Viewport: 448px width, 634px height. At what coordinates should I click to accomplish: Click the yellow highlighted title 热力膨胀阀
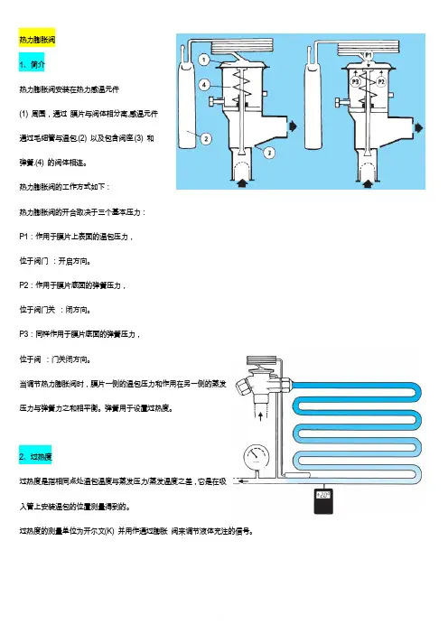[x=37, y=40]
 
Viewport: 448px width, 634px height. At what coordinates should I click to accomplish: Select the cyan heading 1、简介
[x=32, y=64]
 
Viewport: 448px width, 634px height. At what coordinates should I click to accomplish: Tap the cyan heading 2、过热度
[x=35, y=457]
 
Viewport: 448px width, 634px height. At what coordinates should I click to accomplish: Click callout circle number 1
[x=204, y=60]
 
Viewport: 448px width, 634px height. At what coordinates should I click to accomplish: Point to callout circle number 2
[x=206, y=139]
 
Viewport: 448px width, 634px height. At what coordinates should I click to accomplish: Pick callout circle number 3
[x=269, y=153]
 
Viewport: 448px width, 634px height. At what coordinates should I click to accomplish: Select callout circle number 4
[x=204, y=85]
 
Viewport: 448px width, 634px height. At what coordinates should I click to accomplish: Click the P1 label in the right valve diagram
[x=369, y=54]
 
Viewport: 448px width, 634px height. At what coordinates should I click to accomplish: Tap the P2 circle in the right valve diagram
[x=381, y=81]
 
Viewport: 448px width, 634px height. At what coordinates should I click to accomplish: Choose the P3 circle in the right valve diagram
[x=355, y=81]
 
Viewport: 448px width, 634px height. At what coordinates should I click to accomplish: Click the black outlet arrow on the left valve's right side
[x=293, y=126]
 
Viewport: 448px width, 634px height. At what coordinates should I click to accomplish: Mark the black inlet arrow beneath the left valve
[x=242, y=184]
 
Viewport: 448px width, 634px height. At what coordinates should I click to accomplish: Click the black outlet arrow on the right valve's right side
[x=418, y=127]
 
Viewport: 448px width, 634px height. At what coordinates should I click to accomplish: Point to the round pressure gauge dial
[x=257, y=457]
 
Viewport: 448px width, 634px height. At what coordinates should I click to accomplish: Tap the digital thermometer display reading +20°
[x=323, y=495]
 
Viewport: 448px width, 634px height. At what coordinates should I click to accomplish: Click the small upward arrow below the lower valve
[x=260, y=416]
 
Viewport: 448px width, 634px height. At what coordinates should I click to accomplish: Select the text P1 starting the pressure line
[x=23, y=237]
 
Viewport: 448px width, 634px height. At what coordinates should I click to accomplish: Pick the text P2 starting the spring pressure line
[x=23, y=285]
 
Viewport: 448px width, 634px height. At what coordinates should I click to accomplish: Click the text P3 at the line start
[x=23, y=334]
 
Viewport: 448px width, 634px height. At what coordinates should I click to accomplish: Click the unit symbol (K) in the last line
[x=109, y=531]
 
